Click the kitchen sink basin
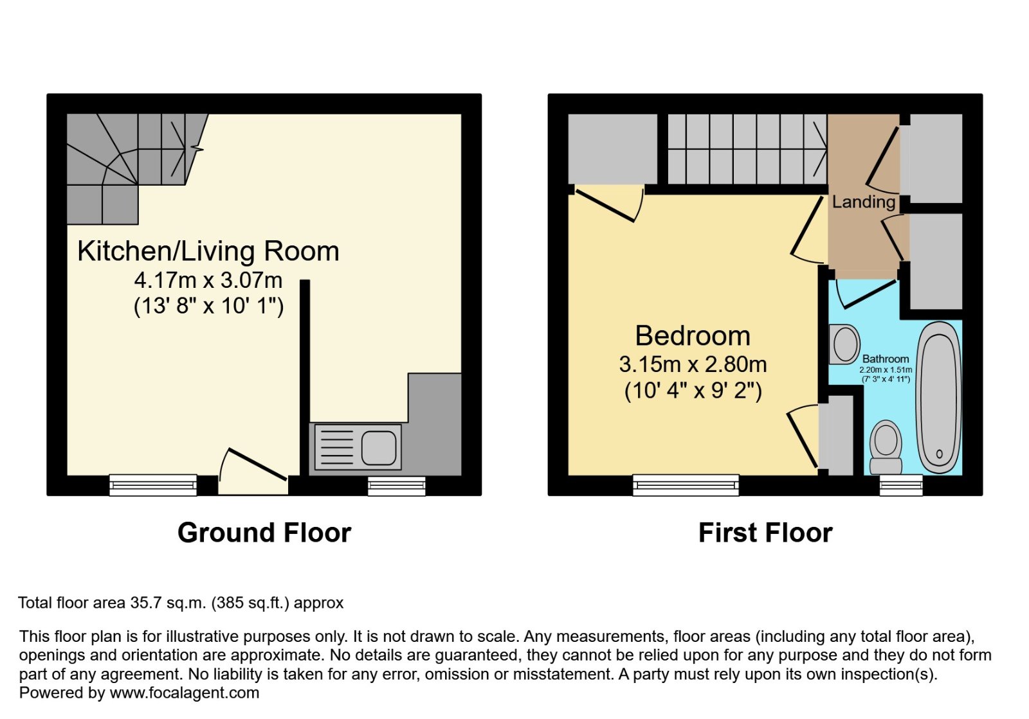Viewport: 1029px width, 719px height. click(379, 447)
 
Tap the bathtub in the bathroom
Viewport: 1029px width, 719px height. click(938, 397)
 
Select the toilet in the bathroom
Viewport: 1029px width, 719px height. click(886, 447)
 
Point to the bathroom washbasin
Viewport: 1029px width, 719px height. click(844, 344)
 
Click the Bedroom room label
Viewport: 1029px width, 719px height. click(693, 335)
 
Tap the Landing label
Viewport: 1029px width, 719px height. click(864, 202)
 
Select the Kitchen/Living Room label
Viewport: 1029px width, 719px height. click(208, 251)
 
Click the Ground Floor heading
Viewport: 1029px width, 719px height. click(264, 533)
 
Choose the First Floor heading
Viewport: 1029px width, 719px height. click(765, 533)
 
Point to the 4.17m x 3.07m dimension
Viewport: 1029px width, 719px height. click(208, 280)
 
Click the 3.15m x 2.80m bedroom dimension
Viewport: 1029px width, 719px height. click(693, 365)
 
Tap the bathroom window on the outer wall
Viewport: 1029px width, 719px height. click(901, 486)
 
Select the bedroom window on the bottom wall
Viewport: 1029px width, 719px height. click(686, 486)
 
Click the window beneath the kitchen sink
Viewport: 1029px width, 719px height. click(396, 486)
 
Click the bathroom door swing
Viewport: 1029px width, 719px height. click(866, 294)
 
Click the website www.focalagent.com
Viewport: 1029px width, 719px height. click(184, 693)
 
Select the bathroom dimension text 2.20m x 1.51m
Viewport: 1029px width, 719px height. click(886, 369)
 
